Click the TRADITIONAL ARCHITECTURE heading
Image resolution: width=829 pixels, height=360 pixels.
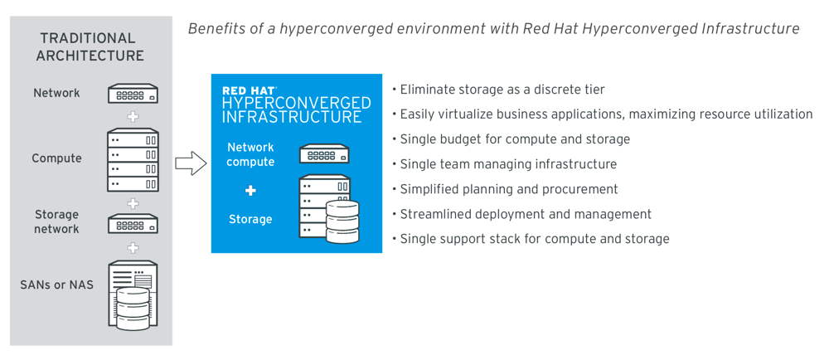(x=90, y=46)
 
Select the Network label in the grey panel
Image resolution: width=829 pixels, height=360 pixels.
(x=56, y=93)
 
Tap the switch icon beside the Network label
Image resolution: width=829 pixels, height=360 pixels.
(x=133, y=94)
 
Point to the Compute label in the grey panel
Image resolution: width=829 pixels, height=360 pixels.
(x=56, y=158)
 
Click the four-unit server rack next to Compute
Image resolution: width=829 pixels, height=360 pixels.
(x=133, y=159)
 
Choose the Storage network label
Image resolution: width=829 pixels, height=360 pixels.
(x=56, y=221)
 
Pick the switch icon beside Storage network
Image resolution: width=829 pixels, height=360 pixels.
(x=133, y=224)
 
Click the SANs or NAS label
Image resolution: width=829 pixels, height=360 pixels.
(x=56, y=285)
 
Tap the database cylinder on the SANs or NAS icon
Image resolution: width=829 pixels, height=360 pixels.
(x=133, y=309)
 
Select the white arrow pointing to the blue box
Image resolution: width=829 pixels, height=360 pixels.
(x=191, y=163)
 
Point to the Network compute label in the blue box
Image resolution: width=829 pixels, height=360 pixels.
(x=250, y=154)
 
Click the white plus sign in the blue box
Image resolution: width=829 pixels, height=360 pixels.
(x=250, y=191)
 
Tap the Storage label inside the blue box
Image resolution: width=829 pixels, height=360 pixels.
(x=250, y=219)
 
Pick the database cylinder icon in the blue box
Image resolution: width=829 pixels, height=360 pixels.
(x=342, y=222)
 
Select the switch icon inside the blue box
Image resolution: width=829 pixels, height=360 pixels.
(x=324, y=153)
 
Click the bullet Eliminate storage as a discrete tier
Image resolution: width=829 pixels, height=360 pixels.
(x=498, y=90)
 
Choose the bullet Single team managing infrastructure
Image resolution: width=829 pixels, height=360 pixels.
(x=504, y=164)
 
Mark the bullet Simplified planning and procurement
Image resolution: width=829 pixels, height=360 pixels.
(x=505, y=189)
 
